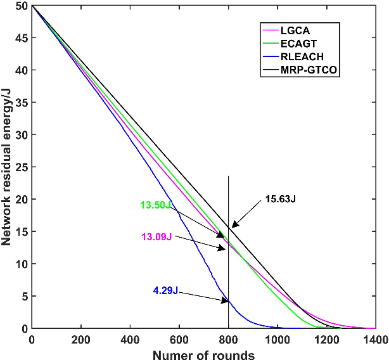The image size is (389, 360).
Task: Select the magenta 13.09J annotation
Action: coord(156,236)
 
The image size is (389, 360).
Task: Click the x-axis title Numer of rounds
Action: coord(203,353)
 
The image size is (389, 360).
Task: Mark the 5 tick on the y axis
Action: coord(24,296)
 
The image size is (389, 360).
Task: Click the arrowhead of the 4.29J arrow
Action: coord(227,301)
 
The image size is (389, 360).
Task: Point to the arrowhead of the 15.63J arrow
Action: coord(232,226)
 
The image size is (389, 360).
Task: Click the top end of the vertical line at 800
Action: coord(228,176)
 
